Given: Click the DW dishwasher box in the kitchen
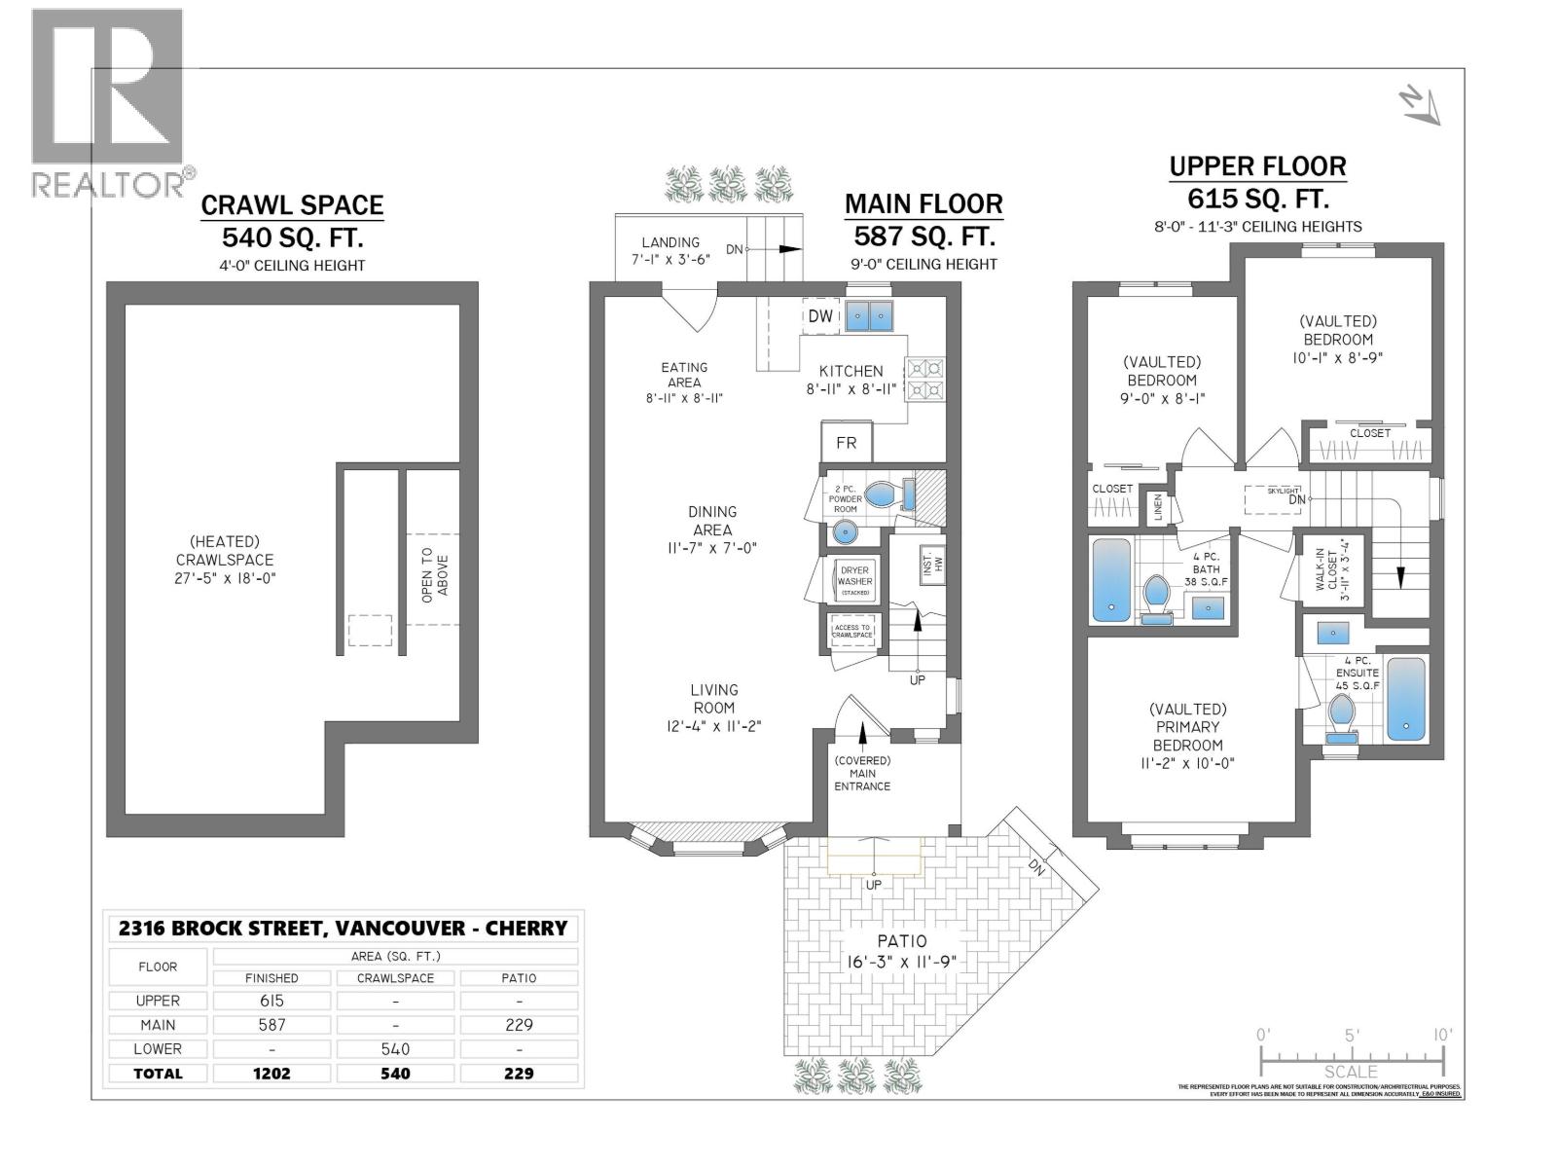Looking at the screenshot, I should (x=820, y=315).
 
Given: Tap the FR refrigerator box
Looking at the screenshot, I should (x=847, y=443).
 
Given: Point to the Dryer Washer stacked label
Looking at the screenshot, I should (x=855, y=581).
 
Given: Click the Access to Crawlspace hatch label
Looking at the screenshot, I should (x=852, y=632).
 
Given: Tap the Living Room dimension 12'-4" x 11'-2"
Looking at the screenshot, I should (x=714, y=725).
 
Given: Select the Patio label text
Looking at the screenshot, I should (x=901, y=941).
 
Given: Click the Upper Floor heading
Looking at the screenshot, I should (x=1257, y=166).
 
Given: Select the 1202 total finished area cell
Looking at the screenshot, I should (x=272, y=1074).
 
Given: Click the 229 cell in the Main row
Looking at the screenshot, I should (x=519, y=1025).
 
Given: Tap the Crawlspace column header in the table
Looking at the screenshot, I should (x=395, y=978).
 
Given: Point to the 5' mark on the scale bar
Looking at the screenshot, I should (x=1351, y=1036).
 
